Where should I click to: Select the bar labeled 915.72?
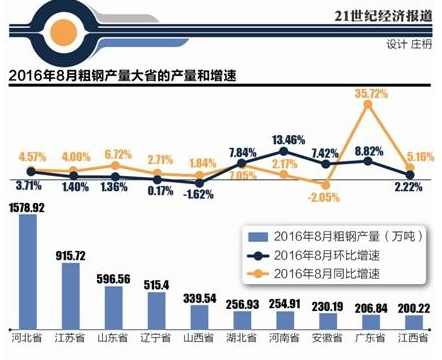pos(70,294)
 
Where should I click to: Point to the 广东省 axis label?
pos(373,347)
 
